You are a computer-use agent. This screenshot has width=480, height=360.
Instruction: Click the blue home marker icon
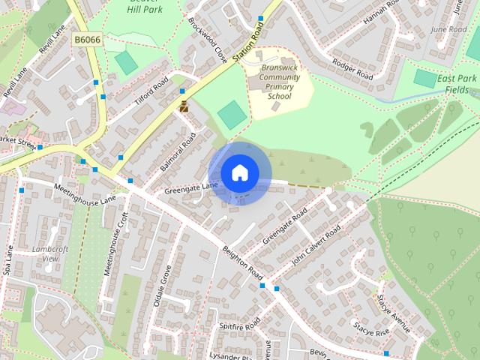click(x=239, y=173)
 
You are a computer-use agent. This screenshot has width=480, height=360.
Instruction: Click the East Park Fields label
click(x=454, y=83)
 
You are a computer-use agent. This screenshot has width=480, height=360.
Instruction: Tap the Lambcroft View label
click(x=50, y=253)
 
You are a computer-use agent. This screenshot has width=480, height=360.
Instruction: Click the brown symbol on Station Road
click(x=184, y=106)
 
